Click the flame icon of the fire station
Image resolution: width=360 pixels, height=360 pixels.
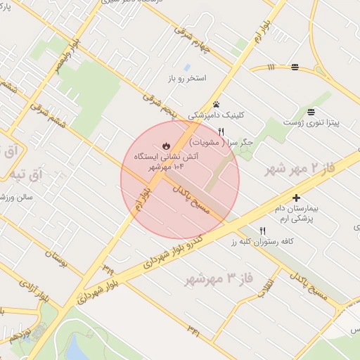pos(165,146)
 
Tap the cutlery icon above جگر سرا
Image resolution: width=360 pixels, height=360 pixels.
pos(221,131)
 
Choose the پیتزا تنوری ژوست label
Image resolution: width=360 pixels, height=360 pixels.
pos(311,123)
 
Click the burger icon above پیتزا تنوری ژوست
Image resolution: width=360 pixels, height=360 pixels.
pos(311,111)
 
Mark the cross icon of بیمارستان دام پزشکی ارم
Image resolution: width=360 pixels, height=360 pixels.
pos(296,198)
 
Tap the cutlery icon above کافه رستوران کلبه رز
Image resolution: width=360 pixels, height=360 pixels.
pos(263,230)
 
